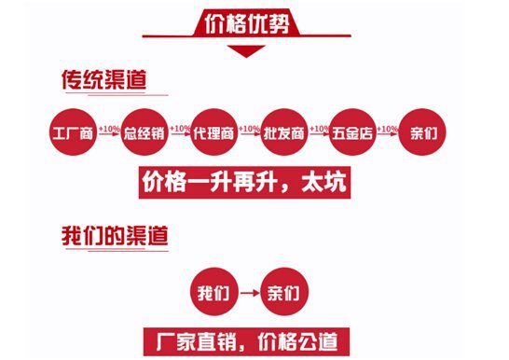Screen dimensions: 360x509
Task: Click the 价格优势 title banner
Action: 254,23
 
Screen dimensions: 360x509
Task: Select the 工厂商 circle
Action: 74,132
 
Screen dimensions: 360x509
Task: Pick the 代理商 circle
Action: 215,132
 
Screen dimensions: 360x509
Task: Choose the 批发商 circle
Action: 284,132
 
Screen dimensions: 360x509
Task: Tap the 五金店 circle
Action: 355,132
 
